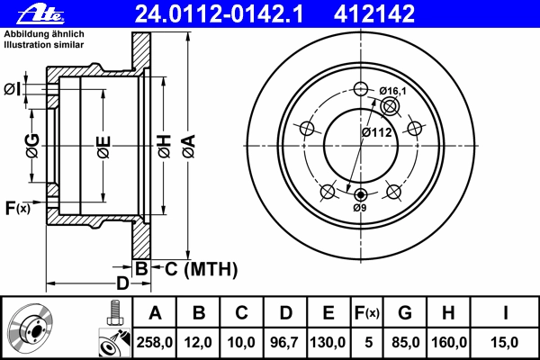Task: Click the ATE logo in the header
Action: click(41, 14)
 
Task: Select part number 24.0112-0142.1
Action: click(219, 13)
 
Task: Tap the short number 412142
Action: click(374, 13)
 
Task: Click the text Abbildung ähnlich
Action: click(44, 34)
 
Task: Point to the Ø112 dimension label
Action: click(377, 132)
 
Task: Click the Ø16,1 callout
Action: click(393, 91)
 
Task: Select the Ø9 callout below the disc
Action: click(359, 208)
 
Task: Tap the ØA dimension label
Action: click(189, 147)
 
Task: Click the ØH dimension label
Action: click(165, 147)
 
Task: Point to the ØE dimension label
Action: click(103, 147)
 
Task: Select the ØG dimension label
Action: click(32, 147)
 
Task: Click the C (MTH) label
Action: click(202, 269)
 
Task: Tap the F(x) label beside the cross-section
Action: click(18, 208)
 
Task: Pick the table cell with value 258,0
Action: click(155, 342)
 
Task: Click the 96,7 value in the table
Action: click(284, 342)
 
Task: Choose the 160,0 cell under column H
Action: click(449, 342)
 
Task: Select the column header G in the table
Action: click(405, 313)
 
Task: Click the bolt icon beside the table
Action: click(115, 313)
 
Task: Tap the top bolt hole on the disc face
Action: click(361, 89)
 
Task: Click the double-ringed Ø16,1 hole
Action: click(390, 106)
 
